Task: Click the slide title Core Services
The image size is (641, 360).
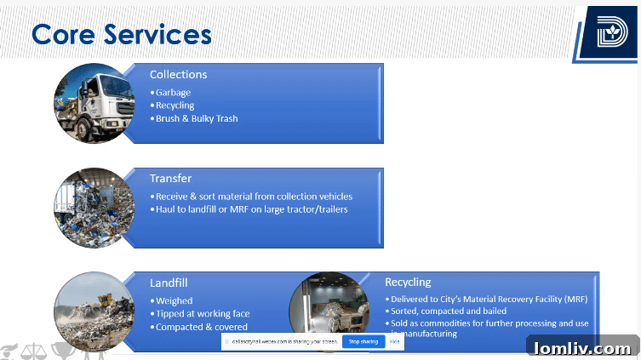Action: click(x=121, y=34)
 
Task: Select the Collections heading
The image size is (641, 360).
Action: click(x=178, y=74)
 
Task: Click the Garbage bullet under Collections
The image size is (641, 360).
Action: click(x=173, y=93)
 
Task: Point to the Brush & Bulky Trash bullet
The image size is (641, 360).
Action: click(x=197, y=118)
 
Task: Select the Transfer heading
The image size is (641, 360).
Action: click(x=170, y=178)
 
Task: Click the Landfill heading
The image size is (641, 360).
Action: click(x=169, y=282)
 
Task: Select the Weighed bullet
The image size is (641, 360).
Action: click(x=174, y=300)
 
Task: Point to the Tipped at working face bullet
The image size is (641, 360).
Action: click(x=202, y=313)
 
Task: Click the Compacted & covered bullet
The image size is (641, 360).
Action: click(x=201, y=327)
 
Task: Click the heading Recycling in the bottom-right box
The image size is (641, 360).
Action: click(x=408, y=282)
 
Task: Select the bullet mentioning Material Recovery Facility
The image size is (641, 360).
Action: click(x=489, y=300)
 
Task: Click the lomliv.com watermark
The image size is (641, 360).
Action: click(x=583, y=348)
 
